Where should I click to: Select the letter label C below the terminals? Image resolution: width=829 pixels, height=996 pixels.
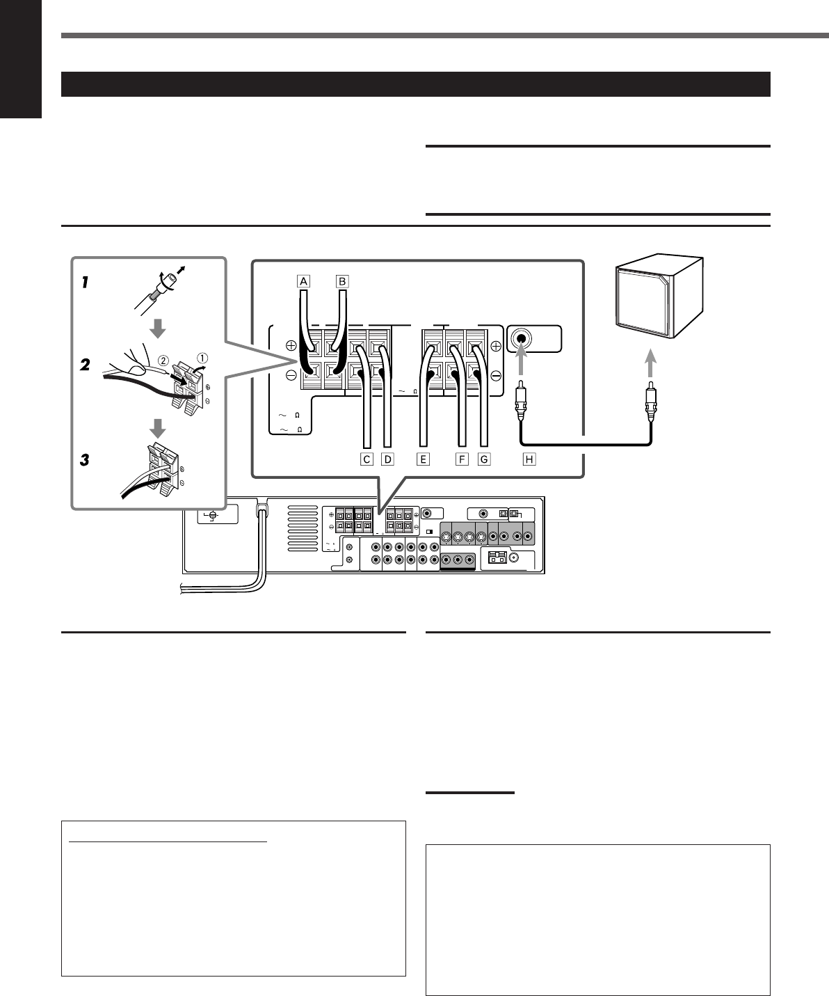pos(365,459)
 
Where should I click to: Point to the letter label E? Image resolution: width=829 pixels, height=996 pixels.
pos(424,459)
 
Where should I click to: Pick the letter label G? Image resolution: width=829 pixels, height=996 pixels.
pos(485,459)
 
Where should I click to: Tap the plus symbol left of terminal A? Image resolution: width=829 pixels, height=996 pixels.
pos(291,345)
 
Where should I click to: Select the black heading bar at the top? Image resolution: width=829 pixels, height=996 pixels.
pos(417,84)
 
